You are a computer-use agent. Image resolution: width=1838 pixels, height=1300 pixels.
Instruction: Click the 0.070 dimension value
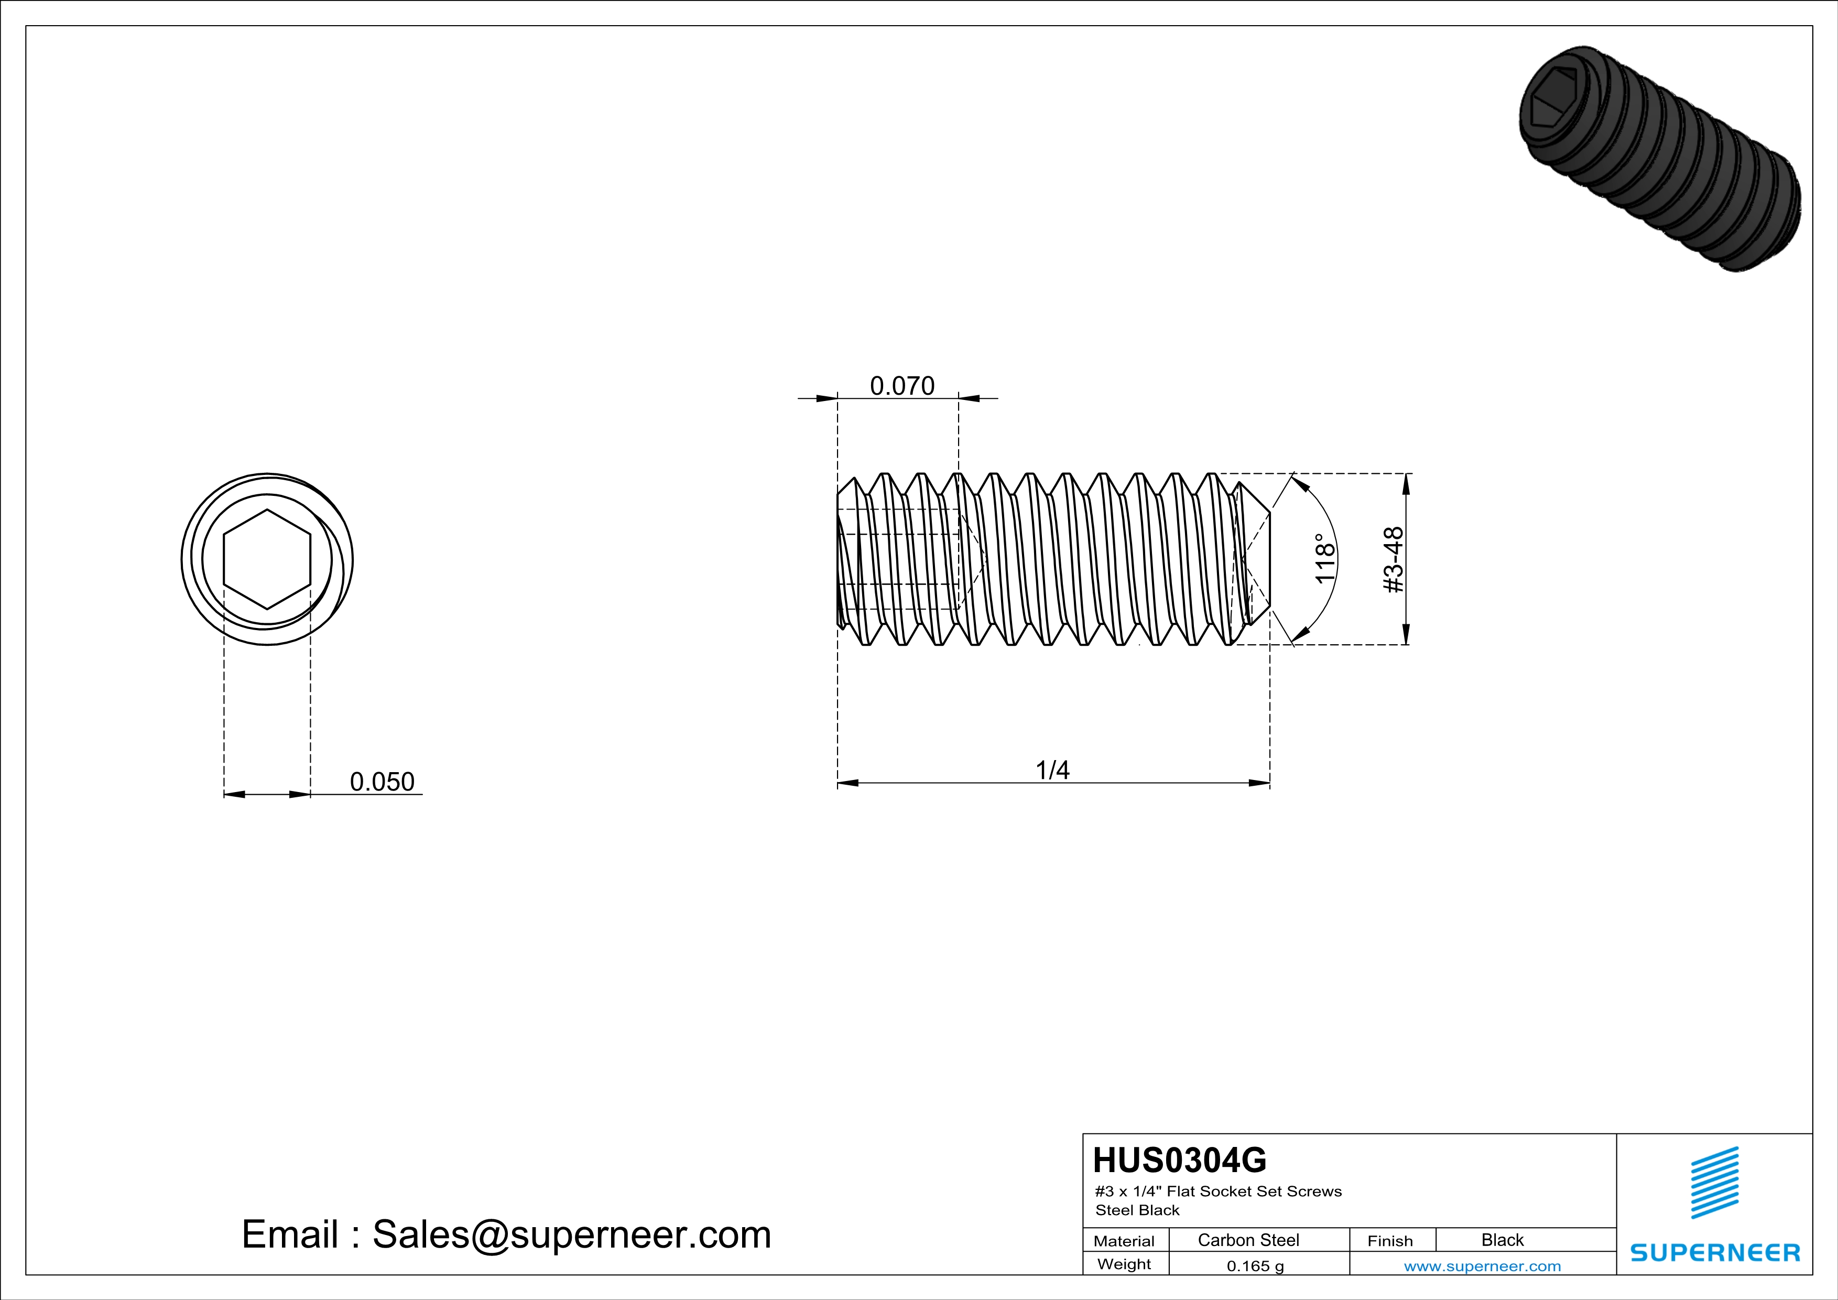point(902,386)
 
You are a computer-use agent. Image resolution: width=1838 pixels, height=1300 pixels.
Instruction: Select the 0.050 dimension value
point(382,781)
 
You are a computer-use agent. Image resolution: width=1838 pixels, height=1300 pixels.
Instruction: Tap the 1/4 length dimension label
point(1053,770)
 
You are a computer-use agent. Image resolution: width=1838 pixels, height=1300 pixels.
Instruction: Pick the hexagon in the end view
point(267,559)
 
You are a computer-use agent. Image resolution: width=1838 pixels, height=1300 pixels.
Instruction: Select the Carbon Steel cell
point(1248,1240)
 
